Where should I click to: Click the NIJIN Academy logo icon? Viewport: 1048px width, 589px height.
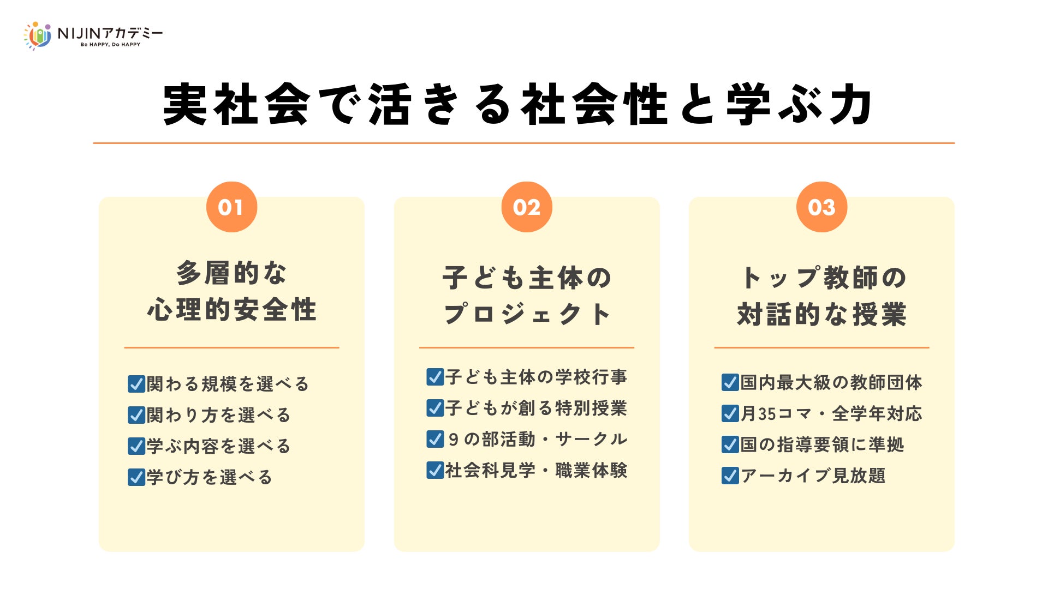[38, 35]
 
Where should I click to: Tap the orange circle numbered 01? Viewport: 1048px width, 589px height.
[231, 207]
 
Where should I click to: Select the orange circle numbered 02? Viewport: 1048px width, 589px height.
[527, 207]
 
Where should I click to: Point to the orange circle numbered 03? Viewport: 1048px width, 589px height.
[821, 207]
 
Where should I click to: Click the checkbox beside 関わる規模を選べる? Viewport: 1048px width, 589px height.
[136, 384]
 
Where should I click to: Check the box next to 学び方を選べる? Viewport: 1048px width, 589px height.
[136, 477]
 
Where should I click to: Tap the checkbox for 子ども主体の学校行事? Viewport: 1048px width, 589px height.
[435, 377]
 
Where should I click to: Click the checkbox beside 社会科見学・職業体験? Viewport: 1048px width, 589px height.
[435, 470]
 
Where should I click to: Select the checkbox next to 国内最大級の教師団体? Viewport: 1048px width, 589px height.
[730, 382]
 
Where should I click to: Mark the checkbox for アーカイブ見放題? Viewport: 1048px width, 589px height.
[730, 476]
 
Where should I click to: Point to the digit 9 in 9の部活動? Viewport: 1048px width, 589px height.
[453, 440]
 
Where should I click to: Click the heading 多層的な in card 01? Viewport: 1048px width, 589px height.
[231, 273]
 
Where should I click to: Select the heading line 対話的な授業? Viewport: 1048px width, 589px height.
[821, 315]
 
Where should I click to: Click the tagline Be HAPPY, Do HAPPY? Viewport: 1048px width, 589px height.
[110, 45]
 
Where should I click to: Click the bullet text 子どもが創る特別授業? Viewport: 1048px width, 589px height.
[536, 408]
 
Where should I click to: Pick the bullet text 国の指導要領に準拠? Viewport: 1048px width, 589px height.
[822, 444]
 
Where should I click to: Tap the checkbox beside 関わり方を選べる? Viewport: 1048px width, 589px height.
[136, 415]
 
